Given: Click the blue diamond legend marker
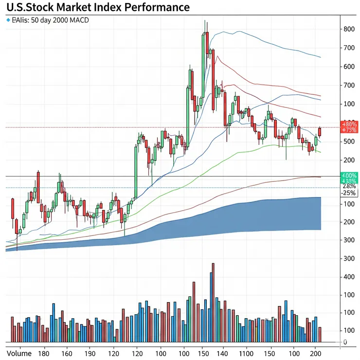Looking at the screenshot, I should point(8,20).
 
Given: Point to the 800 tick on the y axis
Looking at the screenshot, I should point(348,29).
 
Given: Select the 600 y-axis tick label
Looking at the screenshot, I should point(348,67).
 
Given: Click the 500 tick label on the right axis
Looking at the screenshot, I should point(348,142).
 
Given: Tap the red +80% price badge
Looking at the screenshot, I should point(349,124).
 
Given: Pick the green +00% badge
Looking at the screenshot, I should point(349,175).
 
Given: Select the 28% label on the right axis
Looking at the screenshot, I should point(349,186).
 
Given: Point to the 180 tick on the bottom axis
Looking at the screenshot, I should point(43,354).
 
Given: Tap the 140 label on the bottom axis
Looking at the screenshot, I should point(223,354).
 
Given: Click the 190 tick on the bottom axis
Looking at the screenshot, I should point(90,354).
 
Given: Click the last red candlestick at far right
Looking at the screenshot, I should point(320,131).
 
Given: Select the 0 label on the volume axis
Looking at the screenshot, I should point(345,342).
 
